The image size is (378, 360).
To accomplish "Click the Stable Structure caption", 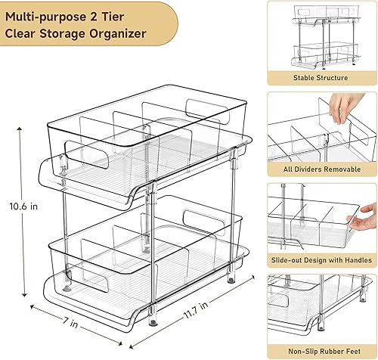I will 321,78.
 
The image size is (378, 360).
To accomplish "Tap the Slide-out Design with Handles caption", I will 321,261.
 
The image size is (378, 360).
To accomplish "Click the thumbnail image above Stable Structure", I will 321,36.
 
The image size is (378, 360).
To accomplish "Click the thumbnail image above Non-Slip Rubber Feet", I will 321,310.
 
